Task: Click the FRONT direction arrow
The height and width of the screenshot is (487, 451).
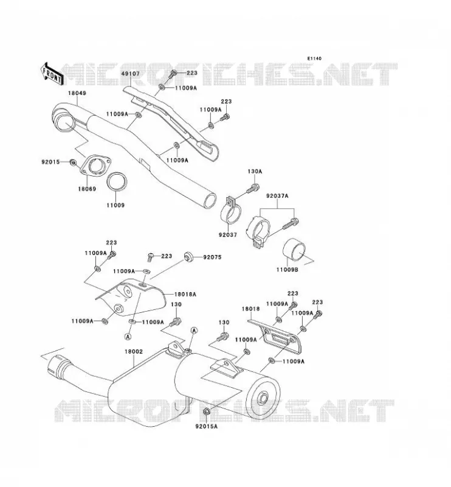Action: click(52, 74)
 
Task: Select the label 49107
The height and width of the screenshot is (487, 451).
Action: click(130, 74)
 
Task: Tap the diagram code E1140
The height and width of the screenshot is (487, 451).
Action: click(314, 58)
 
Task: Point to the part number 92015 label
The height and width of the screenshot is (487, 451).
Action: click(50, 162)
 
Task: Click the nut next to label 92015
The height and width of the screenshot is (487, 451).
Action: click(73, 162)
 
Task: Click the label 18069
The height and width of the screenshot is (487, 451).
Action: click(87, 189)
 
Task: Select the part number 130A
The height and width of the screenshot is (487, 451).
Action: click(255, 172)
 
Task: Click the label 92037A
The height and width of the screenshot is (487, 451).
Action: click(277, 196)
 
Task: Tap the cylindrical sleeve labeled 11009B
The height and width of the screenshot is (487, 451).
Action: click(294, 251)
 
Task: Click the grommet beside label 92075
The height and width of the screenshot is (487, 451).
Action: click(188, 257)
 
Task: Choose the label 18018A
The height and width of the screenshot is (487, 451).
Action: click(185, 294)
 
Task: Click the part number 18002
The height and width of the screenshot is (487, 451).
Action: click(134, 352)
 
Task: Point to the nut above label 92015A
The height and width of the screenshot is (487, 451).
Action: click(206, 413)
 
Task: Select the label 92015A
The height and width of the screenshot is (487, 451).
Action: click(206, 427)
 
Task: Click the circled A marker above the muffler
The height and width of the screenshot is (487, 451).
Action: click(194, 330)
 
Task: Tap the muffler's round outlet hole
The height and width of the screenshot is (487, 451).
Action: click(263, 398)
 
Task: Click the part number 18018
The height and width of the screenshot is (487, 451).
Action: click(250, 309)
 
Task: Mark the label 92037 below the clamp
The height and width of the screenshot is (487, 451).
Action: click(228, 235)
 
